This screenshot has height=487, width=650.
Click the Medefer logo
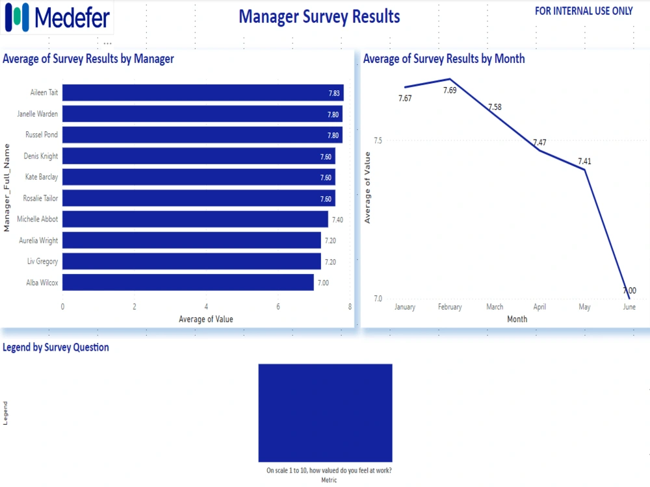tap(58, 18)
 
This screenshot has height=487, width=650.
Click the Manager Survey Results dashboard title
tap(319, 16)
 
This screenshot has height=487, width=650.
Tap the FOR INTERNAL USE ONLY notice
tap(583, 11)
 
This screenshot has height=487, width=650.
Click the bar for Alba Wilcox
tap(188, 282)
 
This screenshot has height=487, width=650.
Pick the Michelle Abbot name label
tap(38, 219)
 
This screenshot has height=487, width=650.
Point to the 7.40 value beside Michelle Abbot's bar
tap(337, 220)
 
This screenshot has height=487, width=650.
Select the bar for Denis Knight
tap(199, 156)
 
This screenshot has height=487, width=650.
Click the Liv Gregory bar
tap(192, 262)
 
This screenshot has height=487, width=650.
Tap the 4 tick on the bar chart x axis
tap(206, 306)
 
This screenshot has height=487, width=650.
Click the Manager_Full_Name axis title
tap(7, 188)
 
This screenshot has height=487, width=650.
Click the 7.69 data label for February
tap(450, 90)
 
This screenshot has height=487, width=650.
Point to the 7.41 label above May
tap(585, 161)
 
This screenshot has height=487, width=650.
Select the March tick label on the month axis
tap(495, 307)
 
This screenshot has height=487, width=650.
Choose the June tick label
tap(629, 307)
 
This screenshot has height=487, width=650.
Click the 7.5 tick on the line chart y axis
tap(378, 141)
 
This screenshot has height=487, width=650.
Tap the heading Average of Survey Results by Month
tap(444, 58)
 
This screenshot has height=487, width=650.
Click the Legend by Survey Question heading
tap(56, 347)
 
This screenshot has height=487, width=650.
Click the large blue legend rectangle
tap(325, 412)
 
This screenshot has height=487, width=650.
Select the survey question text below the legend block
tap(329, 471)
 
